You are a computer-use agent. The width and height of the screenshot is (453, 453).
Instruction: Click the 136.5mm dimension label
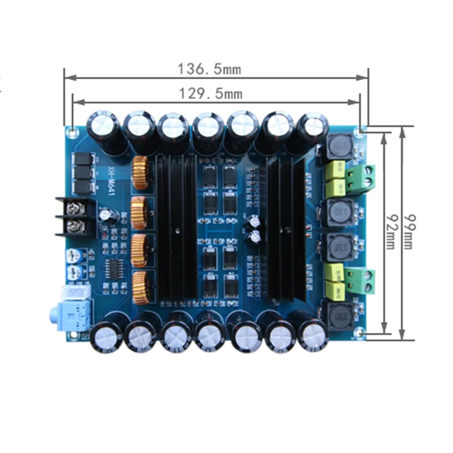(x=210, y=70)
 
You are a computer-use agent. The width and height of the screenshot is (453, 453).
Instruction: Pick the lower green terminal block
(x=362, y=280)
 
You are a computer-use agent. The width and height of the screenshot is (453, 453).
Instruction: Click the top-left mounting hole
(x=72, y=131)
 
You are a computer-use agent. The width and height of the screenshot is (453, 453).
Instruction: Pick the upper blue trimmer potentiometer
(x=73, y=256)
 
